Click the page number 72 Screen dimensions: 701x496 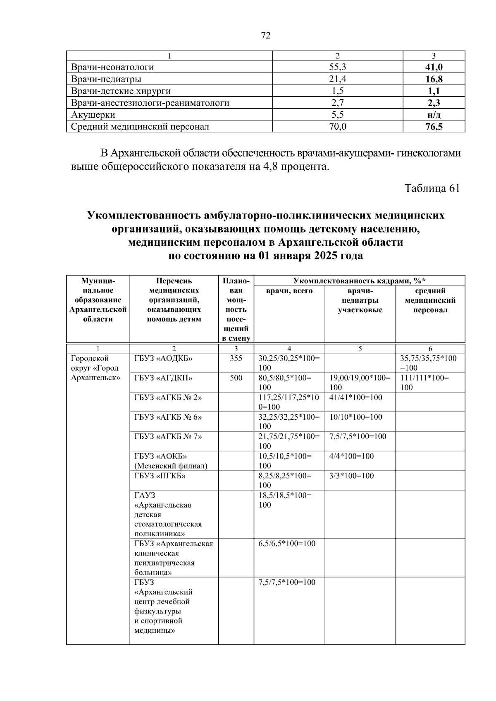pyautogui.click(x=266, y=36)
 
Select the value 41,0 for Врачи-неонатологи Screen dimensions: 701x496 pyautogui.click(x=434, y=67)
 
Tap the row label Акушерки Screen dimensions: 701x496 pyautogui.click(x=93, y=115)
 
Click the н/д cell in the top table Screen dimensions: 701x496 pyautogui.click(x=434, y=115)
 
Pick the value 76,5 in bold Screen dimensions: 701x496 pyautogui.click(x=434, y=127)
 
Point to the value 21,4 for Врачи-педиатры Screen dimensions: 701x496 pyautogui.click(x=337, y=79)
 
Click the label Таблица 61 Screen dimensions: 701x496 pyautogui.click(x=432, y=188)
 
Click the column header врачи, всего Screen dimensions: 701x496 pyautogui.click(x=289, y=291)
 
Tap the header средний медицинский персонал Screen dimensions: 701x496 pyautogui.click(x=430, y=301)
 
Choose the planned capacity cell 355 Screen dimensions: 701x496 pyautogui.click(x=236, y=359)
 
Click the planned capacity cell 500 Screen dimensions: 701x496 pyautogui.click(x=236, y=378)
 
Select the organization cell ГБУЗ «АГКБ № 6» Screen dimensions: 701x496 pyautogui.click(x=168, y=417)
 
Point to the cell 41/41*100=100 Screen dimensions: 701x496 pyautogui.click(x=356, y=398)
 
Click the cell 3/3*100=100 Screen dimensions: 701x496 pyautogui.click(x=351, y=476)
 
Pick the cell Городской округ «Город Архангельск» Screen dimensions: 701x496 pyautogui.click(x=95, y=368)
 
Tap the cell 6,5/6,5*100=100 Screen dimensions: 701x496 pyautogui.click(x=287, y=544)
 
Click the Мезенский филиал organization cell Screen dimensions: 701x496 pyautogui.click(x=170, y=461)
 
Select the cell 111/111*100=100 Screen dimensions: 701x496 pyautogui.click(x=424, y=383)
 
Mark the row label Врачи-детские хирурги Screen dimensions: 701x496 pyautogui.click(x=121, y=91)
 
